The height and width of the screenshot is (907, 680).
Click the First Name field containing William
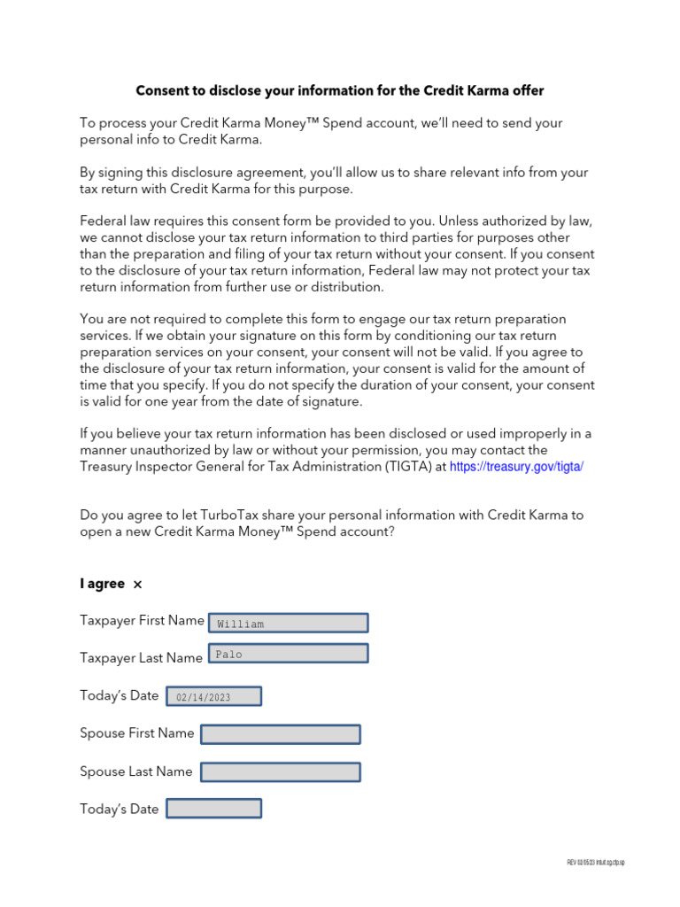(x=288, y=623)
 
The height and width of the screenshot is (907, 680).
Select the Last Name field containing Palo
(x=288, y=655)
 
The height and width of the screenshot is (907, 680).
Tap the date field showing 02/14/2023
(x=213, y=697)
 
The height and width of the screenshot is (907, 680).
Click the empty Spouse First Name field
(x=280, y=734)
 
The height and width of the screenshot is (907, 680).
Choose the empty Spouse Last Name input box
(x=280, y=772)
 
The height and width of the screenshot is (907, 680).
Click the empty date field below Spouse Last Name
(x=213, y=809)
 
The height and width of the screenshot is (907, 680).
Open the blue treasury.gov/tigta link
(x=517, y=467)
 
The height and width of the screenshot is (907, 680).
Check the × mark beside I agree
(x=137, y=585)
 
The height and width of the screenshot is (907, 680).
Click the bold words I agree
(x=102, y=584)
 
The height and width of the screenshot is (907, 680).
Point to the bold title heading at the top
(x=340, y=90)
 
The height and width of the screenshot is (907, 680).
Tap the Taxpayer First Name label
(x=142, y=621)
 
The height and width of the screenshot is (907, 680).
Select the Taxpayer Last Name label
(x=141, y=658)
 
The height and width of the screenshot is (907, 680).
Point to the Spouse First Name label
(x=136, y=733)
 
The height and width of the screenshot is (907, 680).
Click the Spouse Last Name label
(x=135, y=771)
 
